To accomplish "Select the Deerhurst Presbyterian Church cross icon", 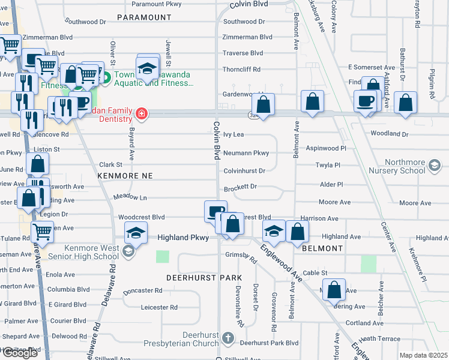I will point(227,338).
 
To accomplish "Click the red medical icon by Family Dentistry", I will point(142,113).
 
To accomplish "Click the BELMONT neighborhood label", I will point(322,248).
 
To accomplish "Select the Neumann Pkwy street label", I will point(246,153).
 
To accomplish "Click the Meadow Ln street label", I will point(130,197).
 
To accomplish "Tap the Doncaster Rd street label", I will point(142,290).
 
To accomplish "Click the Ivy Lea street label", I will point(234,135).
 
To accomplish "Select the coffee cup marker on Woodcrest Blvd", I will point(215,212).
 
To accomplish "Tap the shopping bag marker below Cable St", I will point(334,290).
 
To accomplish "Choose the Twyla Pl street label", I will point(328,164).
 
